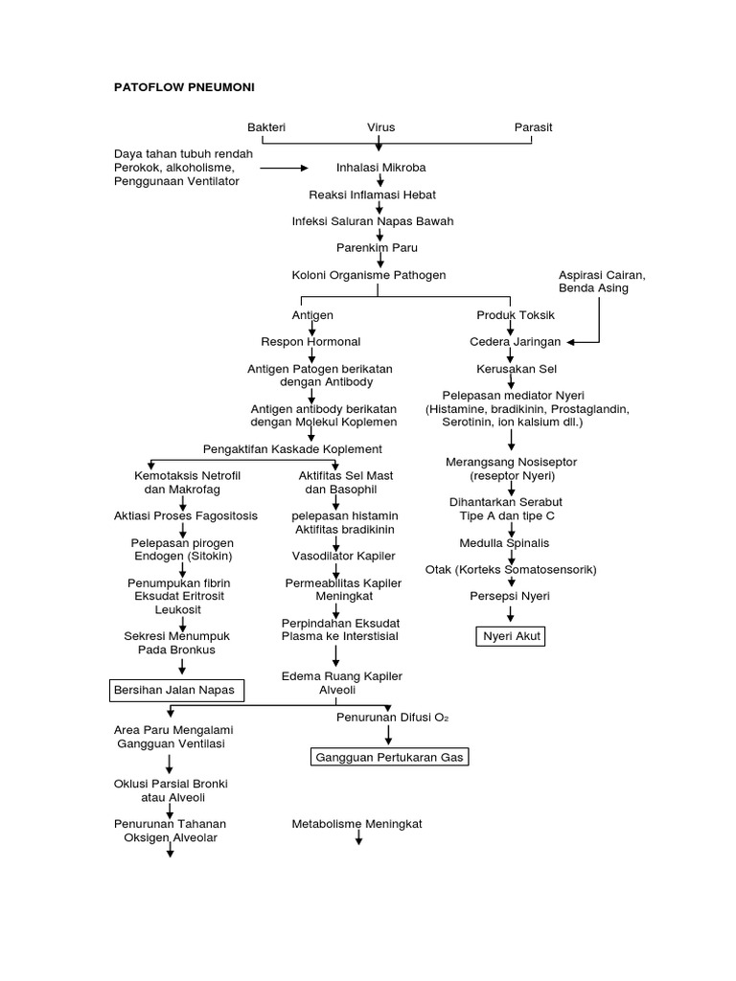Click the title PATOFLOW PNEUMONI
tap(184, 86)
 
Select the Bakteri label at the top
tap(266, 127)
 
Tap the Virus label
tap(380, 127)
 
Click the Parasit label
tap(533, 127)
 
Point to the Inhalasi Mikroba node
tap(380, 168)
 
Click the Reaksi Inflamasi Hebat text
tap(372, 194)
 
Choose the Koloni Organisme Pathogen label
tap(369, 275)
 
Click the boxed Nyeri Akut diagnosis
tap(511, 635)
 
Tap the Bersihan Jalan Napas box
tap(172, 690)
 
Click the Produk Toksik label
tap(516, 315)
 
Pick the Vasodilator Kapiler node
tap(336, 556)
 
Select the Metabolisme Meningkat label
tap(356, 824)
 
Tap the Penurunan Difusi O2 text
tap(388, 717)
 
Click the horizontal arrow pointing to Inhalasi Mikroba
tap(283, 168)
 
